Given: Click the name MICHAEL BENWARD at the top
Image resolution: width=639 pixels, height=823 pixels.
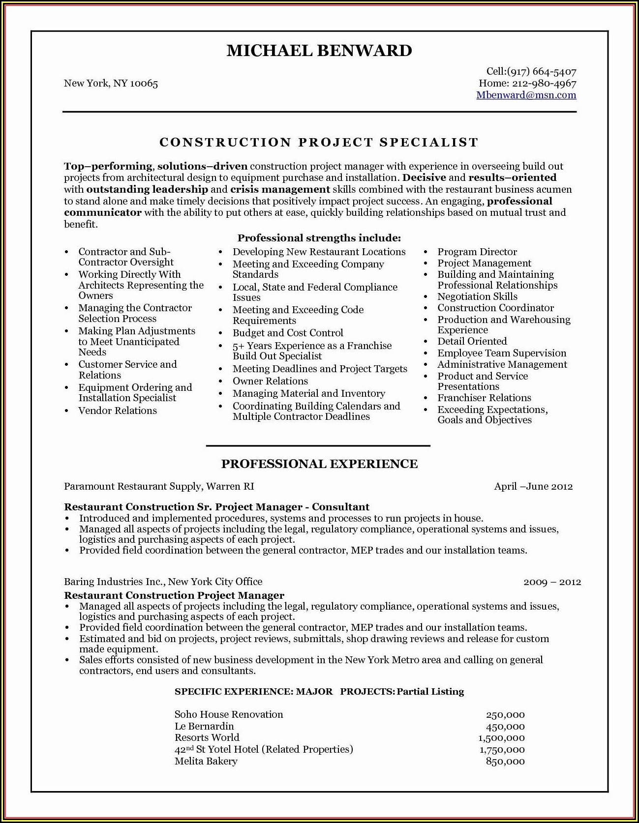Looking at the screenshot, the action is pos(319,51).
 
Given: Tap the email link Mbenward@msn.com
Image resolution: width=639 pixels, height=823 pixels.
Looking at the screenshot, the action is pos(526,95).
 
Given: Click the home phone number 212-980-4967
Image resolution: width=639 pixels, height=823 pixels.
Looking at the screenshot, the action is pos(544,84).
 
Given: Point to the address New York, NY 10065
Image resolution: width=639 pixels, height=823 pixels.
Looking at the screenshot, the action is pos(111,84).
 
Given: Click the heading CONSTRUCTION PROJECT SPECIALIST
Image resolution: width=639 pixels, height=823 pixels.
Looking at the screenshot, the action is pos(319,143).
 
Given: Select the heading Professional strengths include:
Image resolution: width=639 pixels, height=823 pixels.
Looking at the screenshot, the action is pos(319,238).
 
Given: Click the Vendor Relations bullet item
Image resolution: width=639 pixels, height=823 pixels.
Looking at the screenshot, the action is pos(118,411).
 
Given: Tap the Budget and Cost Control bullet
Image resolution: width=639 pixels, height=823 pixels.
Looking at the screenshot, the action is pos(288,333).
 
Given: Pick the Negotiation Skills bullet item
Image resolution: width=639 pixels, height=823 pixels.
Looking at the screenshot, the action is pos(477,297).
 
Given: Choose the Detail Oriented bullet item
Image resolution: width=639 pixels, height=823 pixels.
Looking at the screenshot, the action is pos(472,342).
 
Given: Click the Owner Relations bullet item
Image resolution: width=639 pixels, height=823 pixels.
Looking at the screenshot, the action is pos(270,382).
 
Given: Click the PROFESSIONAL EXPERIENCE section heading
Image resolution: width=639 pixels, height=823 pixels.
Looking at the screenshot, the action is pos(319,464).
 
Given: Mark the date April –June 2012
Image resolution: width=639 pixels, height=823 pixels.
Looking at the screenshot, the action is pos(533,487).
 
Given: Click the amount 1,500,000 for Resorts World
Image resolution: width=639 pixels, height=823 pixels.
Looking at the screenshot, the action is pos(501,738).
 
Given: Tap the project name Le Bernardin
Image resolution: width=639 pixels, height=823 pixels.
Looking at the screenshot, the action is pos(204,727).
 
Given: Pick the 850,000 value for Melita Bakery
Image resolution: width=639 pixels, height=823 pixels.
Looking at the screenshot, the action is pos(505,762).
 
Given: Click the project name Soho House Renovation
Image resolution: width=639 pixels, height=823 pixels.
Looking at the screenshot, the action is pos(229,715).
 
